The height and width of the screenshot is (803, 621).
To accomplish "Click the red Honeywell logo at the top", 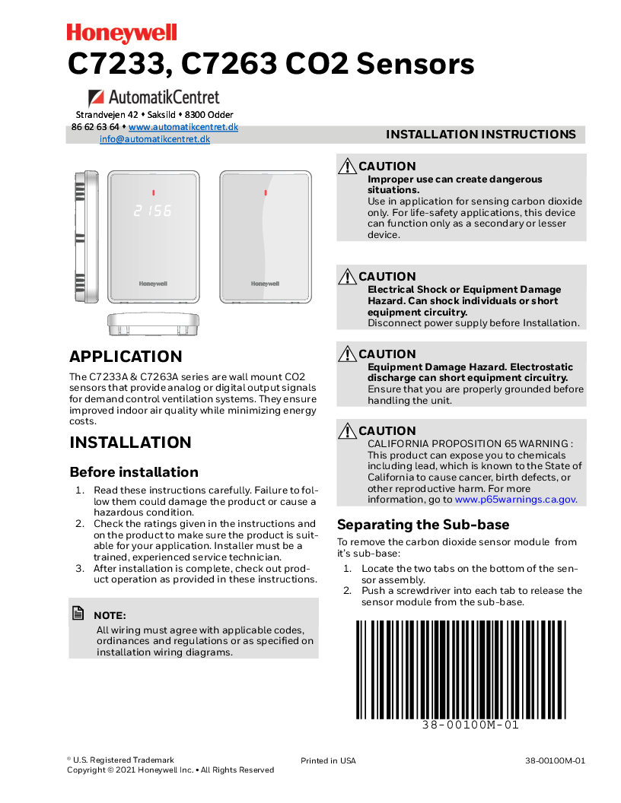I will [x=122, y=33].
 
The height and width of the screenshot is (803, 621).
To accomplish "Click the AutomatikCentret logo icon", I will [x=97, y=97].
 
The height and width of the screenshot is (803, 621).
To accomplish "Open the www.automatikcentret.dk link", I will [x=183, y=127].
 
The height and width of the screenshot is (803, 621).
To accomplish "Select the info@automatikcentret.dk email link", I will [x=154, y=139].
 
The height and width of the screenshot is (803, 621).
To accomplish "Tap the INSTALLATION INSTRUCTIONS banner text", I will [x=480, y=135].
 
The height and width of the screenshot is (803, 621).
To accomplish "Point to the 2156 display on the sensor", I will [x=152, y=211].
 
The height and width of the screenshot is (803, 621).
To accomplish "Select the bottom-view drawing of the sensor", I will [x=153, y=324].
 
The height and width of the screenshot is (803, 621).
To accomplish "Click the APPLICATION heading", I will [x=126, y=357].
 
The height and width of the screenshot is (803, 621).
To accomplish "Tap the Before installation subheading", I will [x=134, y=472].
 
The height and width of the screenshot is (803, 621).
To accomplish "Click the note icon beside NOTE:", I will [x=78, y=613].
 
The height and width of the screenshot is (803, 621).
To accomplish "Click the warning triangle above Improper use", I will [x=347, y=166].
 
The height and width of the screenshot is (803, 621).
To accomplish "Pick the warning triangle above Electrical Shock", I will [x=347, y=276].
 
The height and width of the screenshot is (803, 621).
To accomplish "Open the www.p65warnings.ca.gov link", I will [x=515, y=500].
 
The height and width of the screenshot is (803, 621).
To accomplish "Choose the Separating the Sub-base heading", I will [x=423, y=525].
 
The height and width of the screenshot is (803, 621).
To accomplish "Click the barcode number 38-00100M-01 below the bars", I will [x=470, y=725].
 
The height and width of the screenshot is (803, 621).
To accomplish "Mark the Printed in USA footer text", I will [x=328, y=760].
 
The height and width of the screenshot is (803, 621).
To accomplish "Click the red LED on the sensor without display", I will [x=266, y=192].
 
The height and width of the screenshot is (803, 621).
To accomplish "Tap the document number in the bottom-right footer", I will [x=555, y=760].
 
